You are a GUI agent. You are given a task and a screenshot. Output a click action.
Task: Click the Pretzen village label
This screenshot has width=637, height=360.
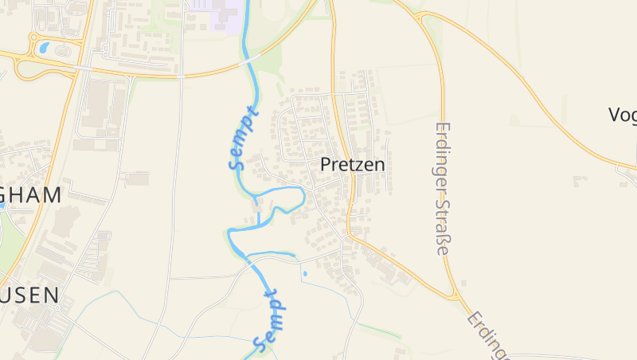pos(352,165)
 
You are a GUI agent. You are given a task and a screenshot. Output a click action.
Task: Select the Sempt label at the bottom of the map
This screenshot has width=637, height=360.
pos(271,321)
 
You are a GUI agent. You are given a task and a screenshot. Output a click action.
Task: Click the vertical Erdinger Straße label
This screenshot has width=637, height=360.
pos(443,189)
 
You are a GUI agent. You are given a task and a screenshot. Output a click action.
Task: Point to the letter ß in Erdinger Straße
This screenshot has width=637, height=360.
pos(443,240)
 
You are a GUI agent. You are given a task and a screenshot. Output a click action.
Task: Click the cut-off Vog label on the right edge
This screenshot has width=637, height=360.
pos(622,115)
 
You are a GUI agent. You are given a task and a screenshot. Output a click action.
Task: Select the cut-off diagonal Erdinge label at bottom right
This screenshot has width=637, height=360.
pos(487,333)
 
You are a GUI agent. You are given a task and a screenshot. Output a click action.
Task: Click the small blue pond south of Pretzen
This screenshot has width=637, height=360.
pos(305,273)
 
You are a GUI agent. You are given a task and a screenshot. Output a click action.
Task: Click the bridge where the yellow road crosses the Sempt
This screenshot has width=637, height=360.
pos(250,60)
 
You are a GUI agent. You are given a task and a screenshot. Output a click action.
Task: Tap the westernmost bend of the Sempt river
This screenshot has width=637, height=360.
pos(229,233)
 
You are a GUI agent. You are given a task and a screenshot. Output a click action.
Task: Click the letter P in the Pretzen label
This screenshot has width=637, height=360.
pos(326,165)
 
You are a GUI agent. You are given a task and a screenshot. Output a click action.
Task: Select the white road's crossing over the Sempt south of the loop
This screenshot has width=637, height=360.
pos(250,261)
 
